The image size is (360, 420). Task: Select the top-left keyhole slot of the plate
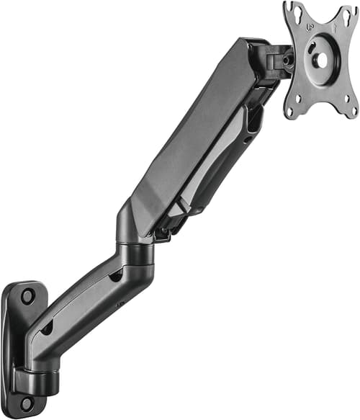pos(291,9)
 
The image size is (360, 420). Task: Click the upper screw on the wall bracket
pos(27,295)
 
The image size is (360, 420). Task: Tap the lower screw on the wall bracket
pos(27,403)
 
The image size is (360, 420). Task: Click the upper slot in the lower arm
pos(115,276)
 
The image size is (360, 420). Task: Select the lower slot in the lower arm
pos(47,328)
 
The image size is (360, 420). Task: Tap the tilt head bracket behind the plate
pos(276,61)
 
